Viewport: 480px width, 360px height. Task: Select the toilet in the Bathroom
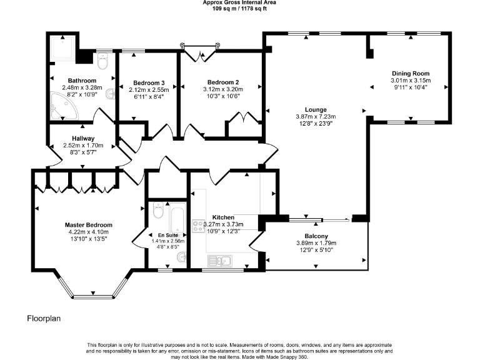(104, 61)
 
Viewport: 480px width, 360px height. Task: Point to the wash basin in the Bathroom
(111, 94)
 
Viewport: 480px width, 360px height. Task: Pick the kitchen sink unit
(220, 259)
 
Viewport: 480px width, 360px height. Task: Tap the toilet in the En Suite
(157, 212)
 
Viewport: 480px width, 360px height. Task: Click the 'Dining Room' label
(411, 73)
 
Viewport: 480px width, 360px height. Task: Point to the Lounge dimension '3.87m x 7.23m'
(316, 116)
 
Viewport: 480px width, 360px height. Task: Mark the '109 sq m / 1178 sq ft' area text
(240, 9)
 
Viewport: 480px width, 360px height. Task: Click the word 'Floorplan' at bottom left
(43, 318)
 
